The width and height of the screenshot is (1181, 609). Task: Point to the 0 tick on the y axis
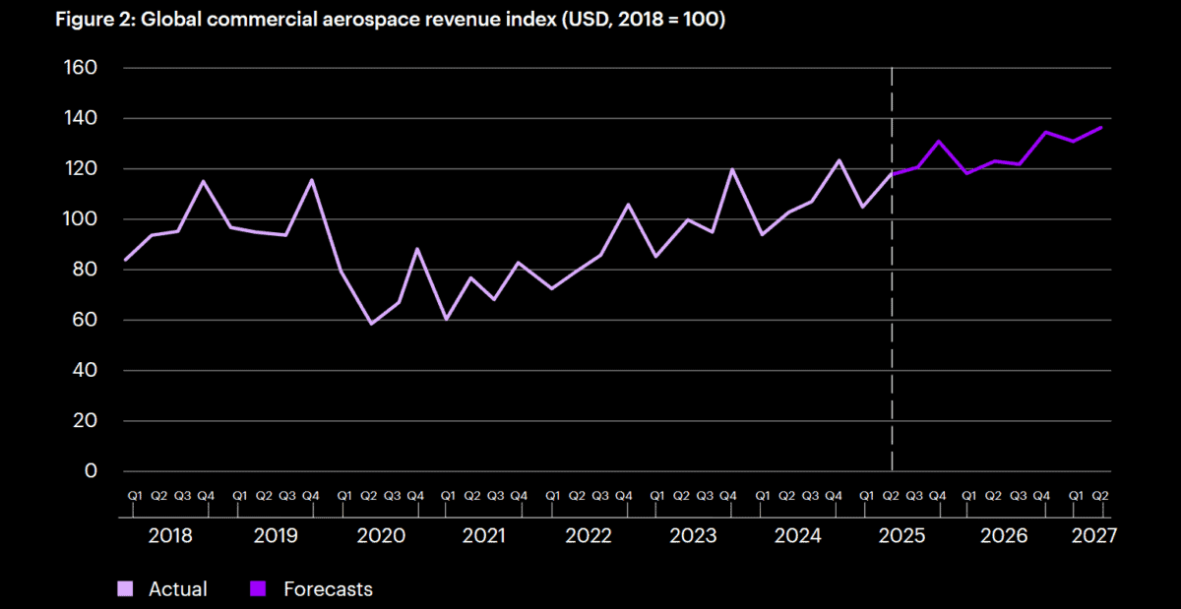click(91, 471)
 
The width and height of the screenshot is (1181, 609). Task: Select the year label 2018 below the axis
click(170, 536)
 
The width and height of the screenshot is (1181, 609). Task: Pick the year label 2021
click(484, 536)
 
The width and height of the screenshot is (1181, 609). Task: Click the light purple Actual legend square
click(125, 589)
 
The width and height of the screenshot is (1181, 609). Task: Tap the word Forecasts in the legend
click(328, 589)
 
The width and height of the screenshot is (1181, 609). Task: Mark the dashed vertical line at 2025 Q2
click(892, 295)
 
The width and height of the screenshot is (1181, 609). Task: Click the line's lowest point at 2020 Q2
click(372, 324)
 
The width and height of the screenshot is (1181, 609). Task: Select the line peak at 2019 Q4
click(311, 179)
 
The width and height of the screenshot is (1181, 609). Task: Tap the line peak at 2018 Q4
click(203, 180)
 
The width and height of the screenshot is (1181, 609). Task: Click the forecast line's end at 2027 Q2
click(1100, 127)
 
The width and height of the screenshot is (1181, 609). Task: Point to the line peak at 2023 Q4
click(732, 169)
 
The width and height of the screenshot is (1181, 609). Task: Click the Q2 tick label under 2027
click(1100, 495)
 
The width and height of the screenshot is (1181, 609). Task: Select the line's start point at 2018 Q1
click(126, 261)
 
